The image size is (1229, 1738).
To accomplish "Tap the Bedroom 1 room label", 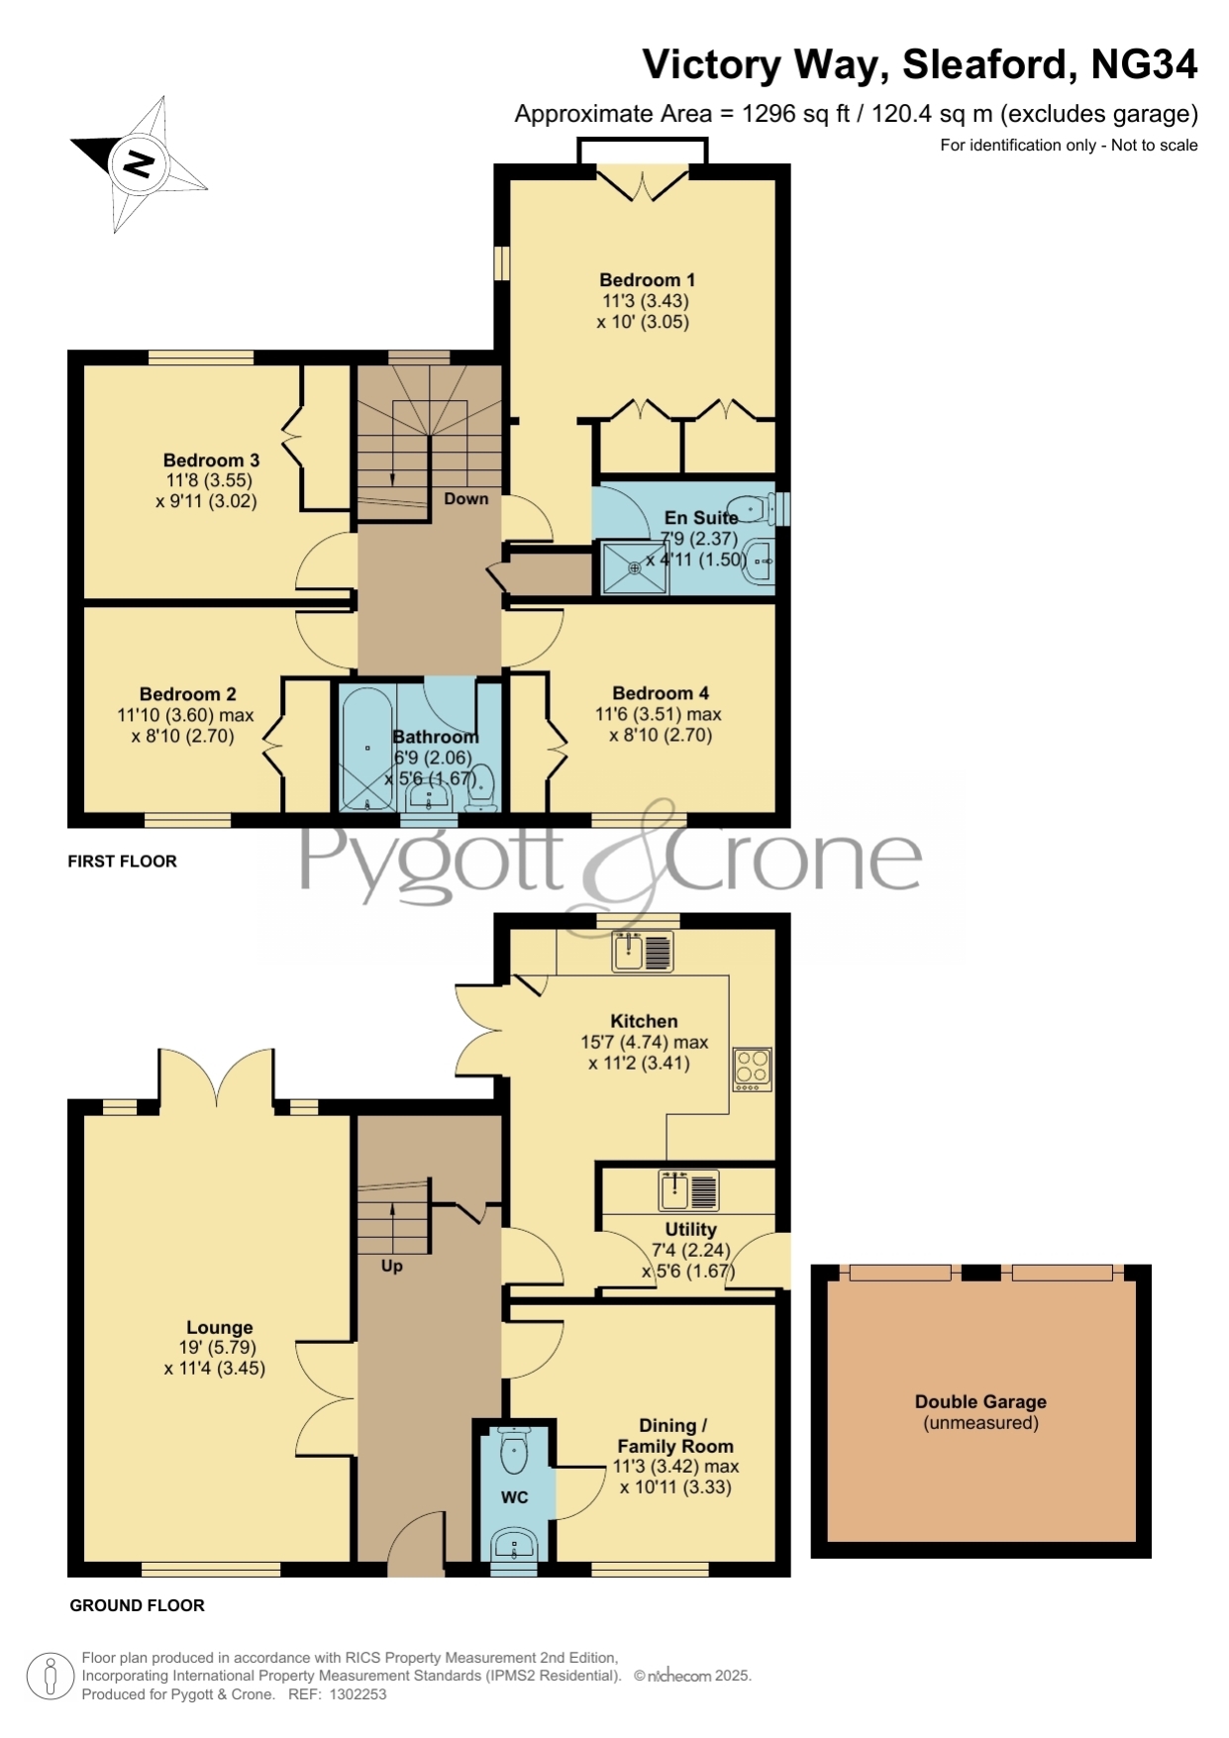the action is point(647,280).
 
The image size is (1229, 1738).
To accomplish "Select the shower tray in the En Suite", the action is point(635,567).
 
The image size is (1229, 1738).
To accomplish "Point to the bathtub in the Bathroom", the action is point(366,749).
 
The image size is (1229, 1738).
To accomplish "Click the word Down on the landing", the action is point(465,499).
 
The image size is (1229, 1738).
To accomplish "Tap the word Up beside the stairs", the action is point(392,1266).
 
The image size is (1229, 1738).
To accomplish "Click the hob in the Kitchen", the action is point(753,1070).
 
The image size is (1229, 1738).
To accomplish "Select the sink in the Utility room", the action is point(689,1190).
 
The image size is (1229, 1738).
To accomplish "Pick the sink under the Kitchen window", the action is point(644,952).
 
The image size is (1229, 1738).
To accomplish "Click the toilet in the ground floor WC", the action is point(515,1451).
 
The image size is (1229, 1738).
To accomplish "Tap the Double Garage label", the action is point(980,1402).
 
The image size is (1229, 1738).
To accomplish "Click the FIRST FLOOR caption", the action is point(122,862).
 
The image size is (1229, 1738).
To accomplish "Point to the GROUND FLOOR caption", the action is point(137,1605).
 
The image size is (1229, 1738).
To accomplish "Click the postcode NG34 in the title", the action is point(1144,65).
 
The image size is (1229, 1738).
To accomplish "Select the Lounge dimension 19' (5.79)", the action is point(218,1348).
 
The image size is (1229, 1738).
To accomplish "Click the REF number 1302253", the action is point(358,1694).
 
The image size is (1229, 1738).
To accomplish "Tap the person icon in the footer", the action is point(50,1677).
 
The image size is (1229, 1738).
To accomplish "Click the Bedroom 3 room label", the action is point(211,460).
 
